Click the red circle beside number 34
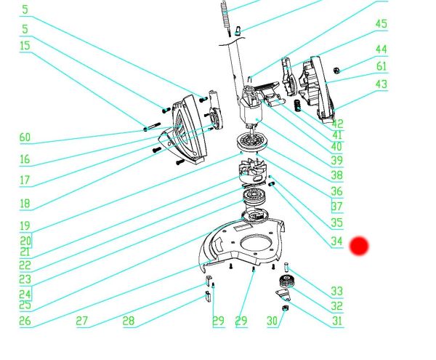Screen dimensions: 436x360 pyautogui.click(x=359, y=246)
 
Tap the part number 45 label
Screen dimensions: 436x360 pyautogui.click(x=381, y=24)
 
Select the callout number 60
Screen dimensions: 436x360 pyautogui.click(x=25, y=137)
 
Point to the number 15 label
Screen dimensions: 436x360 pyautogui.click(x=25, y=46)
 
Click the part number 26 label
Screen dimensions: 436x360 pyautogui.click(x=25, y=321)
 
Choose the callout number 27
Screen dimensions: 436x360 pyautogui.click(x=81, y=321)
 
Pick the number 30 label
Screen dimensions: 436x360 pyautogui.click(x=272, y=321)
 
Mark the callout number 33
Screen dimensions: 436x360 pyautogui.click(x=336, y=292)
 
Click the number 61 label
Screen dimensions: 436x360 pyautogui.click(x=381, y=66)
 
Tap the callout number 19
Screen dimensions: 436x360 pyautogui.click(x=25, y=226)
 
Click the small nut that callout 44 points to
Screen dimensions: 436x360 pyautogui.click(x=336, y=71)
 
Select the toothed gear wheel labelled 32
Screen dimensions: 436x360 pyautogui.click(x=285, y=281)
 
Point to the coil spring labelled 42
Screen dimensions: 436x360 pyautogui.click(x=298, y=105)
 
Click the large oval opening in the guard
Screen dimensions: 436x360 pyautogui.click(x=255, y=243)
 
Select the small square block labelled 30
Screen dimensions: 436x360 pyautogui.click(x=285, y=308)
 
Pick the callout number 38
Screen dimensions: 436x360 pyautogui.click(x=336, y=175)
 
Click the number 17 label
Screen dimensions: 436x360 pyautogui.click(x=25, y=180)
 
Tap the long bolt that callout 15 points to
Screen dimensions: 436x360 pyautogui.click(x=152, y=127)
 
